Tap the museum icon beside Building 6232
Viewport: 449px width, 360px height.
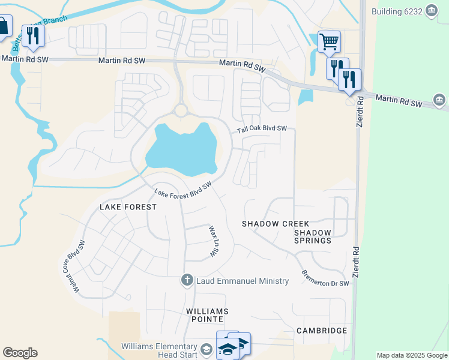point(431,11)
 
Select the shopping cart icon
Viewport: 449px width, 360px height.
point(328,41)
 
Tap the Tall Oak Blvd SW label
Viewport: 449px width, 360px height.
point(262,128)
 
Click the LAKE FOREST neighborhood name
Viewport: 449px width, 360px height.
point(128,207)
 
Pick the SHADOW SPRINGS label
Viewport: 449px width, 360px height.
point(313,236)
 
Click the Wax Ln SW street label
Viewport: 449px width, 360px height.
point(212,242)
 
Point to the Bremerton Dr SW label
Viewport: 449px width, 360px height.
point(325,278)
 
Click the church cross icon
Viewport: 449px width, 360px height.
point(187,280)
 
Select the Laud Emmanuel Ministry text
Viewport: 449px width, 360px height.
point(243,281)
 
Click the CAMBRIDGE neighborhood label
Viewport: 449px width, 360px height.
point(322,331)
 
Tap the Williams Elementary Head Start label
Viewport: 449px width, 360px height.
point(158,350)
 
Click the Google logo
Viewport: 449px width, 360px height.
point(20,353)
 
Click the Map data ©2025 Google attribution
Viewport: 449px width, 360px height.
point(411,355)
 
